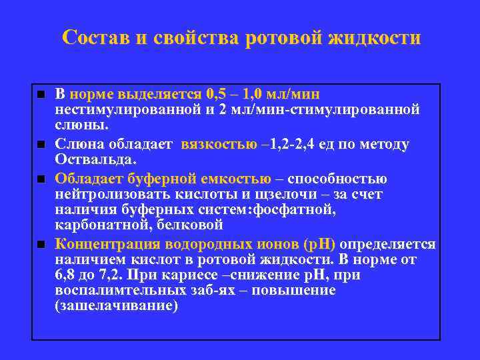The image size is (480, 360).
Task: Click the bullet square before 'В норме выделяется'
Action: [41, 94]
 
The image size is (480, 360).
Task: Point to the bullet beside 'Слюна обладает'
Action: [41, 144]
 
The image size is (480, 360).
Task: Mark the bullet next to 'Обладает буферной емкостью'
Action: [41, 179]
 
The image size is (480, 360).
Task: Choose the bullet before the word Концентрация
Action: [41, 243]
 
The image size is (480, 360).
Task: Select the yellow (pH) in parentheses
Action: [319, 243]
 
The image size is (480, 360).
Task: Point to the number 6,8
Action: [67, 275]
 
